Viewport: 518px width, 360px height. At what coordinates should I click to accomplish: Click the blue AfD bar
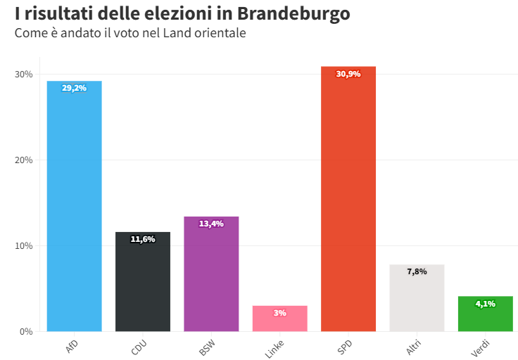click(74, 211)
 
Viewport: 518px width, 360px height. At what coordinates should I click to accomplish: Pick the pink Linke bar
click(279, 321)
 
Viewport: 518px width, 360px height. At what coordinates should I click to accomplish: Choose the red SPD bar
click(348, 204)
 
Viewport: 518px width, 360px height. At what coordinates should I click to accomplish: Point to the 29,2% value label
click(74, 89)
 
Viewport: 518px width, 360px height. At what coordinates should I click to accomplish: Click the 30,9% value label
click(348, 74)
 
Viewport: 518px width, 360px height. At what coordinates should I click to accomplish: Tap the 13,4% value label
click(211, 224)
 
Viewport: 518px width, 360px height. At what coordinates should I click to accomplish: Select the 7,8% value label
click(417, 271)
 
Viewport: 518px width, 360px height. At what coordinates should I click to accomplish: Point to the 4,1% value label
click(485, 304)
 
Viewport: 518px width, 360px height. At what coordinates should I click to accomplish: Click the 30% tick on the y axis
click(23, 75)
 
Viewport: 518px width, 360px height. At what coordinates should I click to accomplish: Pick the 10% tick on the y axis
click(23, 246)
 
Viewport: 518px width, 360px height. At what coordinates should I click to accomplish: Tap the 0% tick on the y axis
click(25, 331)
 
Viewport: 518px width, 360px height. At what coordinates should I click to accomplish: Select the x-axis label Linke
click(275, 349)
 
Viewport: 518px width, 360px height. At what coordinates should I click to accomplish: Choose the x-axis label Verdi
click(481, 348)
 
